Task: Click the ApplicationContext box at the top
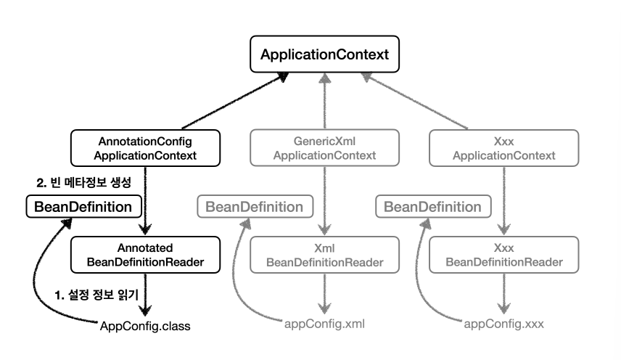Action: (x=324, y=54)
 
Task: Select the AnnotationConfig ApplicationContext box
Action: (x=145, y=148)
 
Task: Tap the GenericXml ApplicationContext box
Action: (x=324, y=148)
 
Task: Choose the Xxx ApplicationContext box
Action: (x=503, y=148)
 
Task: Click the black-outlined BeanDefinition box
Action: (x=83, y=206)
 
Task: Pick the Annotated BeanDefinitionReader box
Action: (x=145, y=255)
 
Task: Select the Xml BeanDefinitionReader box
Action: (x=324, y=255)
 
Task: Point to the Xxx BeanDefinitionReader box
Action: (x=503, y=255)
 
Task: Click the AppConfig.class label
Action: (x=145, y=326)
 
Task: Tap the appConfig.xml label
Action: (x=324, y=324)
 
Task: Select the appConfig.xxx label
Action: (x=503, y=324)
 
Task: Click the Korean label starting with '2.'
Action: (x=83, y=183)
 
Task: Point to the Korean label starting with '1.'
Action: (x=96, y=295)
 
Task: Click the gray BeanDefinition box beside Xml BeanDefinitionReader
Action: (x=255, y=206)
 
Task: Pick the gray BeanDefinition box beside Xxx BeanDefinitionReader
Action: (x=433, y=206)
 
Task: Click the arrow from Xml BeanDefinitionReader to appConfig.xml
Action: (x=325, y=293)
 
